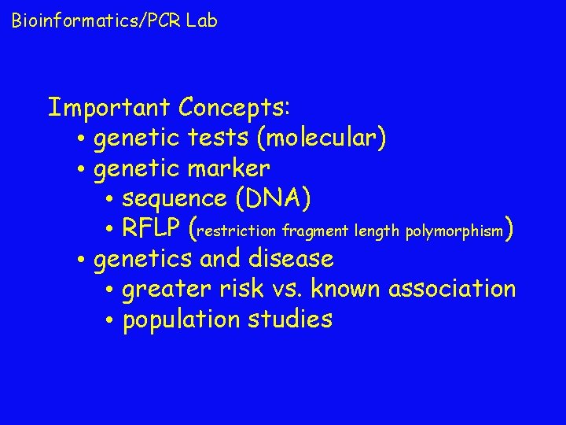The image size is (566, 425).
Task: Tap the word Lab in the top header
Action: pyautogui.click(x=202, y=20)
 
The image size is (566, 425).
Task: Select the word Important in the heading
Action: pyautogui.click(x=109, y=106)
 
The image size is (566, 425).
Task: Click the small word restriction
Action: pyautogui.click(x=239, y=231)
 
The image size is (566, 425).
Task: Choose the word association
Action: pyautogui.click(x=451, y=289)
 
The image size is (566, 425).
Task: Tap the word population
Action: pyautogui.click(x=178, y=320)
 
